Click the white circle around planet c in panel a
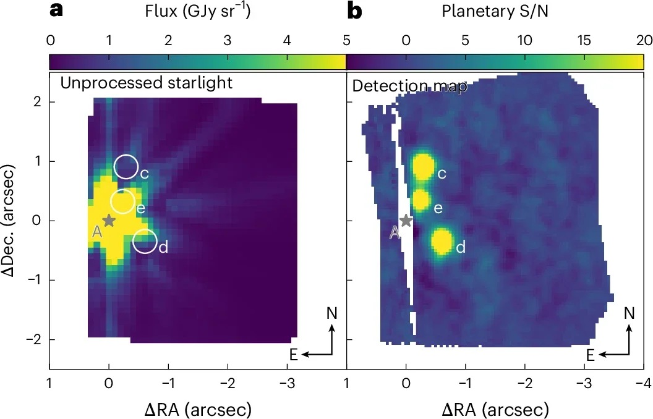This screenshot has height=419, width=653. pos(126,167)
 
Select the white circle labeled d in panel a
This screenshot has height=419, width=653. pos(145,241)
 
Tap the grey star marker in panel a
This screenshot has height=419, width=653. pos(109,220)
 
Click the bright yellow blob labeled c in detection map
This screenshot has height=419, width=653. pos(423,167)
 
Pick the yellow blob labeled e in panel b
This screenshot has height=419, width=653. pos(421,200)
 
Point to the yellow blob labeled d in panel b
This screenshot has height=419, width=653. pos(442,241)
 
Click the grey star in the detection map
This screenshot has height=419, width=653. pos(406,220)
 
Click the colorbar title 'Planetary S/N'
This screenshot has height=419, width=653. pos(494,11)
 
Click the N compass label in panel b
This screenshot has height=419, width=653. pos(629,313)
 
